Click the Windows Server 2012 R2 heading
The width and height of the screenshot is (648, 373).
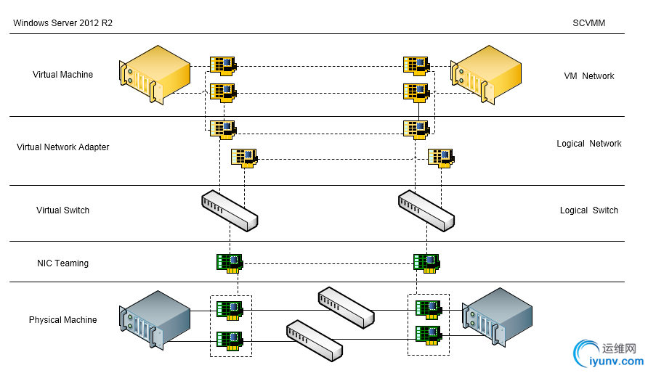[62, 23]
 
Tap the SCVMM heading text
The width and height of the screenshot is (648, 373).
[588, 23]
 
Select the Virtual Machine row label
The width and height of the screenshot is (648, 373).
[62, 75]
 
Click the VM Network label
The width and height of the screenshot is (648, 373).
[588, 76]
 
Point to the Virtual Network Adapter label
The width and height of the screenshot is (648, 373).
[63, 147]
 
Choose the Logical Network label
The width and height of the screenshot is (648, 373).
[588, 144]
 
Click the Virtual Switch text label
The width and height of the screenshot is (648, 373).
[63, 210]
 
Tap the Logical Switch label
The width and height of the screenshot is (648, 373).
[588, 210]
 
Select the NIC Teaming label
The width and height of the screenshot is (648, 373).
[63, 263]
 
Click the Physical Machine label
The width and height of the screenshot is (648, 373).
[63, 320]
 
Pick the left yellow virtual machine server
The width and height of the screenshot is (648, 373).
[155, 75]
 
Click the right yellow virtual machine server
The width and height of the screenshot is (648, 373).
[486, 75]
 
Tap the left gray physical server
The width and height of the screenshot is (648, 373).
[155, 319]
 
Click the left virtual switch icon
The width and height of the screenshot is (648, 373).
[230, 210]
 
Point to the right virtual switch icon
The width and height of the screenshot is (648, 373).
[426, 210]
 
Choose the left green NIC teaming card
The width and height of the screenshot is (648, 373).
[230, 262]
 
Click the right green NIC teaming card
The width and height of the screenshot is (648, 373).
[426, 262]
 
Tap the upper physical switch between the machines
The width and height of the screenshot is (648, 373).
[346, 308]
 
